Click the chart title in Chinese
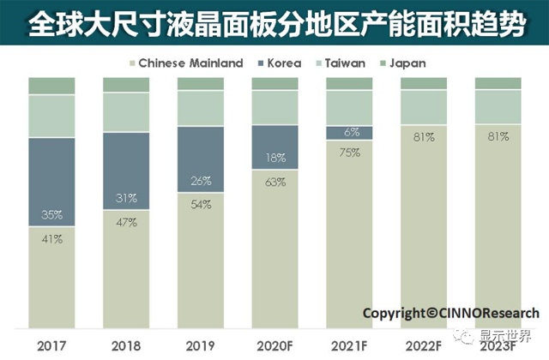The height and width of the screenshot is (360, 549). (x=274, y=23)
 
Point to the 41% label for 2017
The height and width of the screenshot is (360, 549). (x=51, y=239)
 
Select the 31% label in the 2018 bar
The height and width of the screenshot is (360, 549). (x=126, y=199)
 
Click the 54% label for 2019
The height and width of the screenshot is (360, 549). (x=201, y=205)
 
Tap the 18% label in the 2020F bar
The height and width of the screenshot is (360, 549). (x=275, y=158)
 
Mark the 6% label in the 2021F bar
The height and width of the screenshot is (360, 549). (x=350, y=132)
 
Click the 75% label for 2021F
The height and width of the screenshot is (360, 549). (x=350, y=152)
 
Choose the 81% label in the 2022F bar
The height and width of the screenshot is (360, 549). (x=424, y=136)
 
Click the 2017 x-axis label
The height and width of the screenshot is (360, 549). (x=51, y=345)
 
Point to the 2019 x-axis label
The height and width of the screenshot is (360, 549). (x=201, y=345)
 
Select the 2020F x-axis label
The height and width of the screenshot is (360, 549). (x=275, y=345)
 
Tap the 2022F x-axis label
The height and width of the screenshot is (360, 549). (x=424, y=345)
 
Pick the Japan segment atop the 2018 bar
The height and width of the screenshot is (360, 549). (x=126, y=84)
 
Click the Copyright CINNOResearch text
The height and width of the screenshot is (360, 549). (x=450, y=313)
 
